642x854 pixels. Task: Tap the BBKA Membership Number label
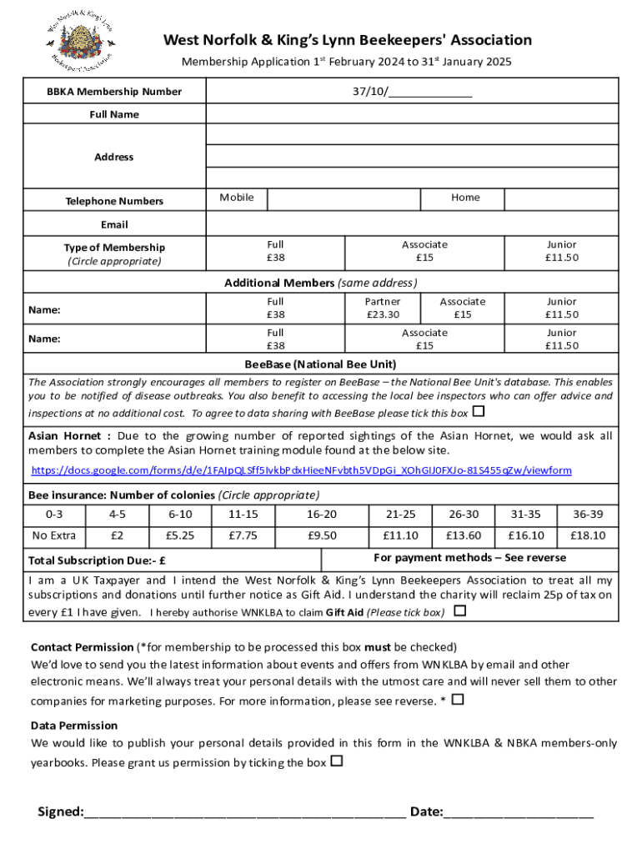[115, 91]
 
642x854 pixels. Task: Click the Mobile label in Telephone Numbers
[237, 198]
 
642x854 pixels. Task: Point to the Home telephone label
[465, 198]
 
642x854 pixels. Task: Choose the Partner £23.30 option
[383, 308]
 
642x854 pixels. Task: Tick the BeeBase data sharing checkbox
[478, 412]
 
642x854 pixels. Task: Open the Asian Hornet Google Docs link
[301, 470]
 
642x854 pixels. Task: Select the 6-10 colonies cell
[180, 515]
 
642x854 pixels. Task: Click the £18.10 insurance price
[588, 535]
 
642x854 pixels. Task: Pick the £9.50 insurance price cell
[322, 535]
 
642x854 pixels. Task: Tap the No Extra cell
[53, 535]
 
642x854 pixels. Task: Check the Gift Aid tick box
[459, 611]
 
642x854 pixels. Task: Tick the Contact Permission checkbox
[457, 700]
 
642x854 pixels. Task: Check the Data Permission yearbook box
[336, 761]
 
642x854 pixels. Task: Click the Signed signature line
[244, 812]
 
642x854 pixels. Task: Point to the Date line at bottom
[519, 812]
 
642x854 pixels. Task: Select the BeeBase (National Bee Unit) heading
[320, 364]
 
